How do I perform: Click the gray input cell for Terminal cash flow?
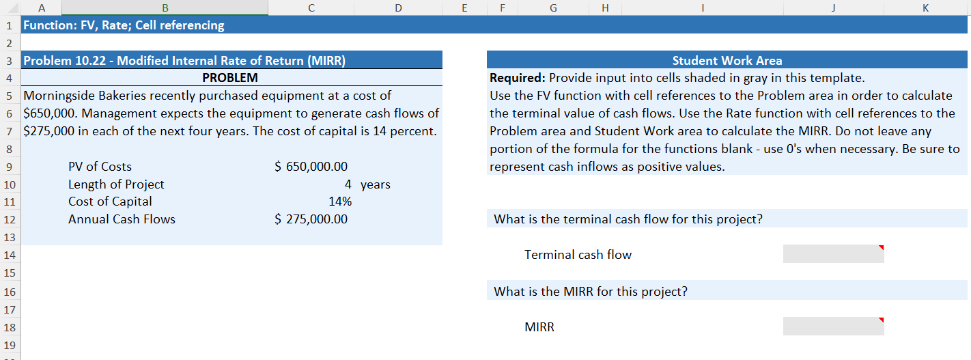tap(833, 254)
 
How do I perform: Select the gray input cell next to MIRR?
tap(833, 327)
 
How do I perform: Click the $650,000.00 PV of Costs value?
tap(311, 166)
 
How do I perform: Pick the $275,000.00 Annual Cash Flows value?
tap(311, 219)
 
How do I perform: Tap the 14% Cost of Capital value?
tap(340, 202)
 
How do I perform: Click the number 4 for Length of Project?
tap(348, 184)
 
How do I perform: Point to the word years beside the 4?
tap(376, 184)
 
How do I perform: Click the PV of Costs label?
tap(100, 166)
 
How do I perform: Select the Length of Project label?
tap(116, 184)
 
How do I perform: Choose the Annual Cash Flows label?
tap(122, 219)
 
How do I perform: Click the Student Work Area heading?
tap(727, 60)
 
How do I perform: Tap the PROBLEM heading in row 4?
tap(230, 78)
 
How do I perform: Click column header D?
tap(398, 8)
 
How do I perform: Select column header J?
tap(833, 8)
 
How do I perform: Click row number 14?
tap(10, 255)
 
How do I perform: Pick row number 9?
tap(10, 167)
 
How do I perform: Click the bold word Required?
tap(517, 78)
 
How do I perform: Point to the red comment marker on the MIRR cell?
tap(881, 320)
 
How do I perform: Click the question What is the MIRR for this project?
tap(591, 292)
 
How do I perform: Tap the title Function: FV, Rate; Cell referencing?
tap(124, 25)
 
